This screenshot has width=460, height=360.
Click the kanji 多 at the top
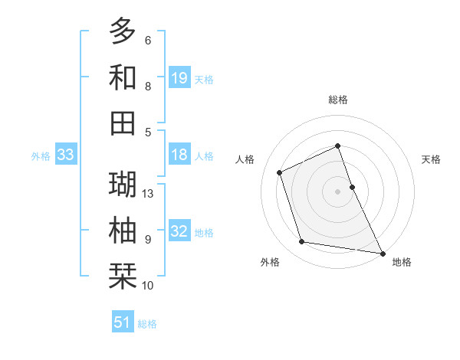(x=123, y=31)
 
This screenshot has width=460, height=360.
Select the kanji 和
(x=123, y=77)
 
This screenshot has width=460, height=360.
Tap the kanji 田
(x=123, y=123)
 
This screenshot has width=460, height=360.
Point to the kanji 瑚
(x=123, y=184)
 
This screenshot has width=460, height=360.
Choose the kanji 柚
(x=123, y=230)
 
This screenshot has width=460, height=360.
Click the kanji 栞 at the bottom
(x=123, y=276)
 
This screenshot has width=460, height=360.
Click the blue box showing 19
(x=179, y=78)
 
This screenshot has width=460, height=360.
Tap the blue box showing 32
(x=179, y=231)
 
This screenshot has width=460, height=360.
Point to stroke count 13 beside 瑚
(x=149, y=194)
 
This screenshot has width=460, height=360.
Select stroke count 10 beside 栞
(x=149, y=286)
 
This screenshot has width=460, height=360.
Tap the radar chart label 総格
(x=338, y=100)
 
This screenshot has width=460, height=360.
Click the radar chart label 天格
(x=432, y=159)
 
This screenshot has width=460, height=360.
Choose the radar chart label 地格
(x=402, y=262)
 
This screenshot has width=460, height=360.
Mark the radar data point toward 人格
(x=280, y=172)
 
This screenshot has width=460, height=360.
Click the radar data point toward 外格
(x=302, y=242)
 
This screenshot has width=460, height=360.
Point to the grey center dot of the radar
(x=338, y=191)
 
